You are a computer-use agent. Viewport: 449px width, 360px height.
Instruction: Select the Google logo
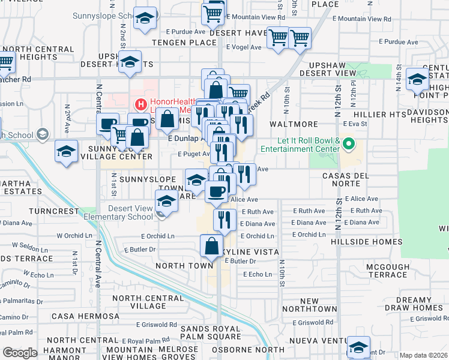tap(20, 353)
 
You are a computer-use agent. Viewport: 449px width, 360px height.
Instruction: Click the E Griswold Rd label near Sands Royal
tap(156, 324)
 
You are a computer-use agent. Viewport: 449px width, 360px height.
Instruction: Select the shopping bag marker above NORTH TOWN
tap(211, 245)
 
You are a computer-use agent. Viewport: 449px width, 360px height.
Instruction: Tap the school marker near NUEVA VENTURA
tap(358, 346)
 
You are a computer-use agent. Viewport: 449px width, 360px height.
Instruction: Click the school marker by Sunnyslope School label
tap(145, 18)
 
